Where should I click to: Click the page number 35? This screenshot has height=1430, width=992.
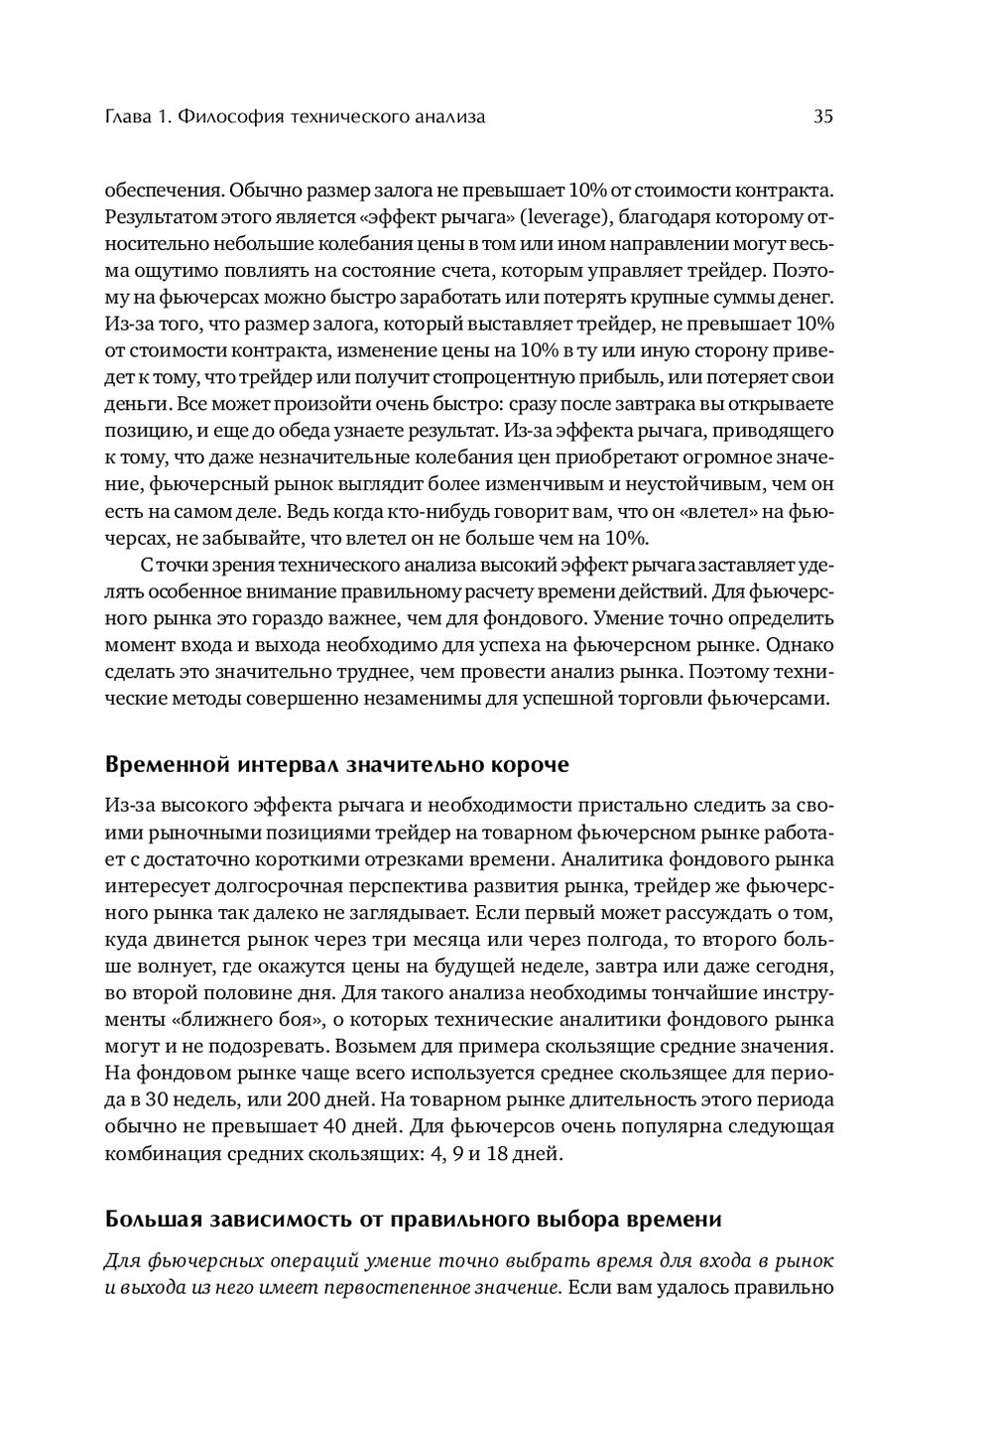click(822, 117)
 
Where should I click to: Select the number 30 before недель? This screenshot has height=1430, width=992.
click(159, 1100)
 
